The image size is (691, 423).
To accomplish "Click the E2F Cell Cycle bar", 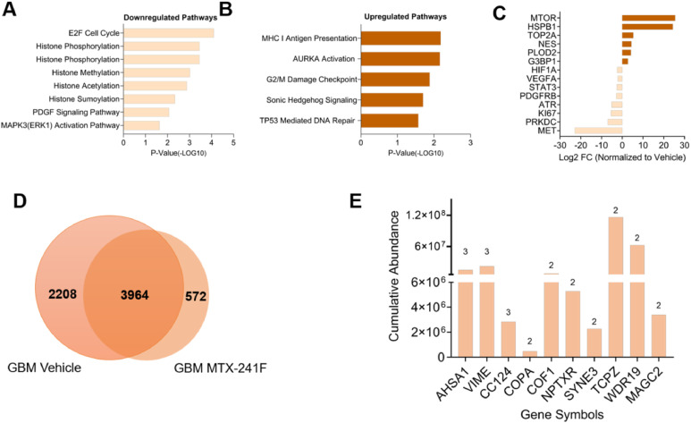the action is coord(169,33).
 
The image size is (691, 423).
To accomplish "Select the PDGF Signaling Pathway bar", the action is coord(147,112).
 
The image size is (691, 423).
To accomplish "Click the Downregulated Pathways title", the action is coord(170,18).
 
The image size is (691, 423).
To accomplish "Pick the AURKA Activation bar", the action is coord(400,59).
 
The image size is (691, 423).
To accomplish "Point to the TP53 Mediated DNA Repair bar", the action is coord(390,121).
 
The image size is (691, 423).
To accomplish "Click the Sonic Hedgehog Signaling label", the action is coord(312,100).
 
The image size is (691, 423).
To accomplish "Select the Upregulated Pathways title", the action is coord(405,17).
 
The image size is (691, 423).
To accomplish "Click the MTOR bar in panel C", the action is coord(648,18).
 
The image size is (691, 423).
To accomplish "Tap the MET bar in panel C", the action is coord(598,131).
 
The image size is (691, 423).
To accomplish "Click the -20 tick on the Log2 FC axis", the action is coord(580,145).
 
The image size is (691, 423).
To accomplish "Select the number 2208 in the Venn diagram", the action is coord(63,293).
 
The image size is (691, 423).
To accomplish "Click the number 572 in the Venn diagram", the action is coord(196,296).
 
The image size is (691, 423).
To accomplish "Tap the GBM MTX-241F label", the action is coord(220,368).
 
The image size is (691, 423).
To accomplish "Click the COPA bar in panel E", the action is coord(530,354).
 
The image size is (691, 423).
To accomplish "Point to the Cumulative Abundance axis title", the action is coord(393,276).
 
